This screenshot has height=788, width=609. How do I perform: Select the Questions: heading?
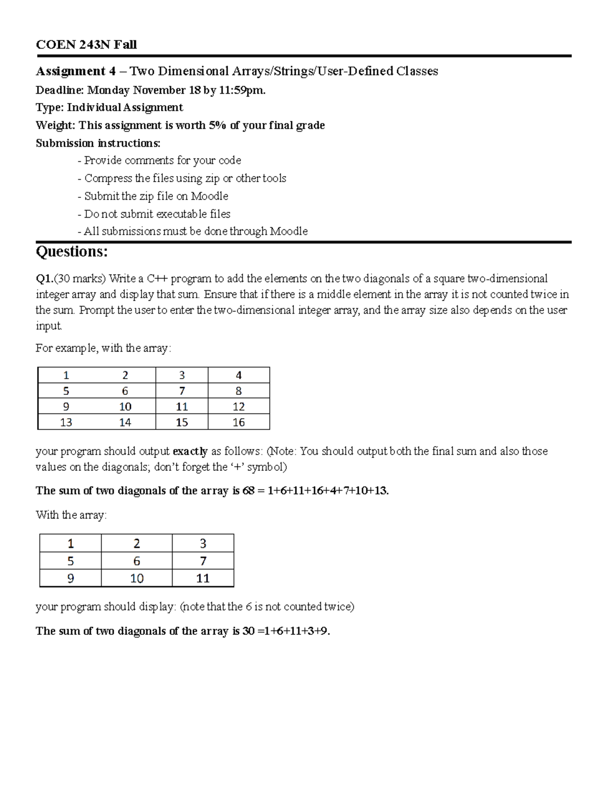point(72,252)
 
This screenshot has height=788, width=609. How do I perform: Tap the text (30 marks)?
point(80,279)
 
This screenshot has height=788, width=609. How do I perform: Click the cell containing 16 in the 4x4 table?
point(239,422)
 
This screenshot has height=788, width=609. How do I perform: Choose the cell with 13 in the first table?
point(66,422)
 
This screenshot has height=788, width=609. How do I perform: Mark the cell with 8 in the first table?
point(239,391)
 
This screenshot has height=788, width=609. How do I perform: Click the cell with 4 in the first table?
point(239,375)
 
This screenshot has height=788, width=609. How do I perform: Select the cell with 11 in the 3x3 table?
point(203,578)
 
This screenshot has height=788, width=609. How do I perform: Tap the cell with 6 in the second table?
point(137,561)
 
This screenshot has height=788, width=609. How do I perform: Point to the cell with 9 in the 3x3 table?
point(71,578)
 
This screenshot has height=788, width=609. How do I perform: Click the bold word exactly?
point(190,451)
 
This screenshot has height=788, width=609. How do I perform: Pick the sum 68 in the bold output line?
point(248,491)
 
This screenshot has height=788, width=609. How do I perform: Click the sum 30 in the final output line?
point(248,631)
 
